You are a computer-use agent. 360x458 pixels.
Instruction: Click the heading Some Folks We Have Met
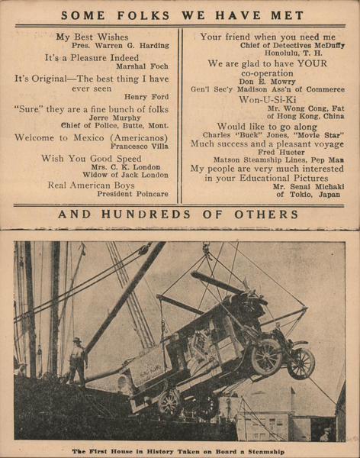tap(182, 15)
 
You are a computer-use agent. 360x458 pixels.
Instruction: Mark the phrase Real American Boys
tap(91, 185)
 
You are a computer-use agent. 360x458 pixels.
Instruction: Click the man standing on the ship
tap(77, 360)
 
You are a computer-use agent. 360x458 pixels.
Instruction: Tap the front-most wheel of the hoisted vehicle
tap(301, 363)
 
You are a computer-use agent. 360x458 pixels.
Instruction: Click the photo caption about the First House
tap(178, 451)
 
